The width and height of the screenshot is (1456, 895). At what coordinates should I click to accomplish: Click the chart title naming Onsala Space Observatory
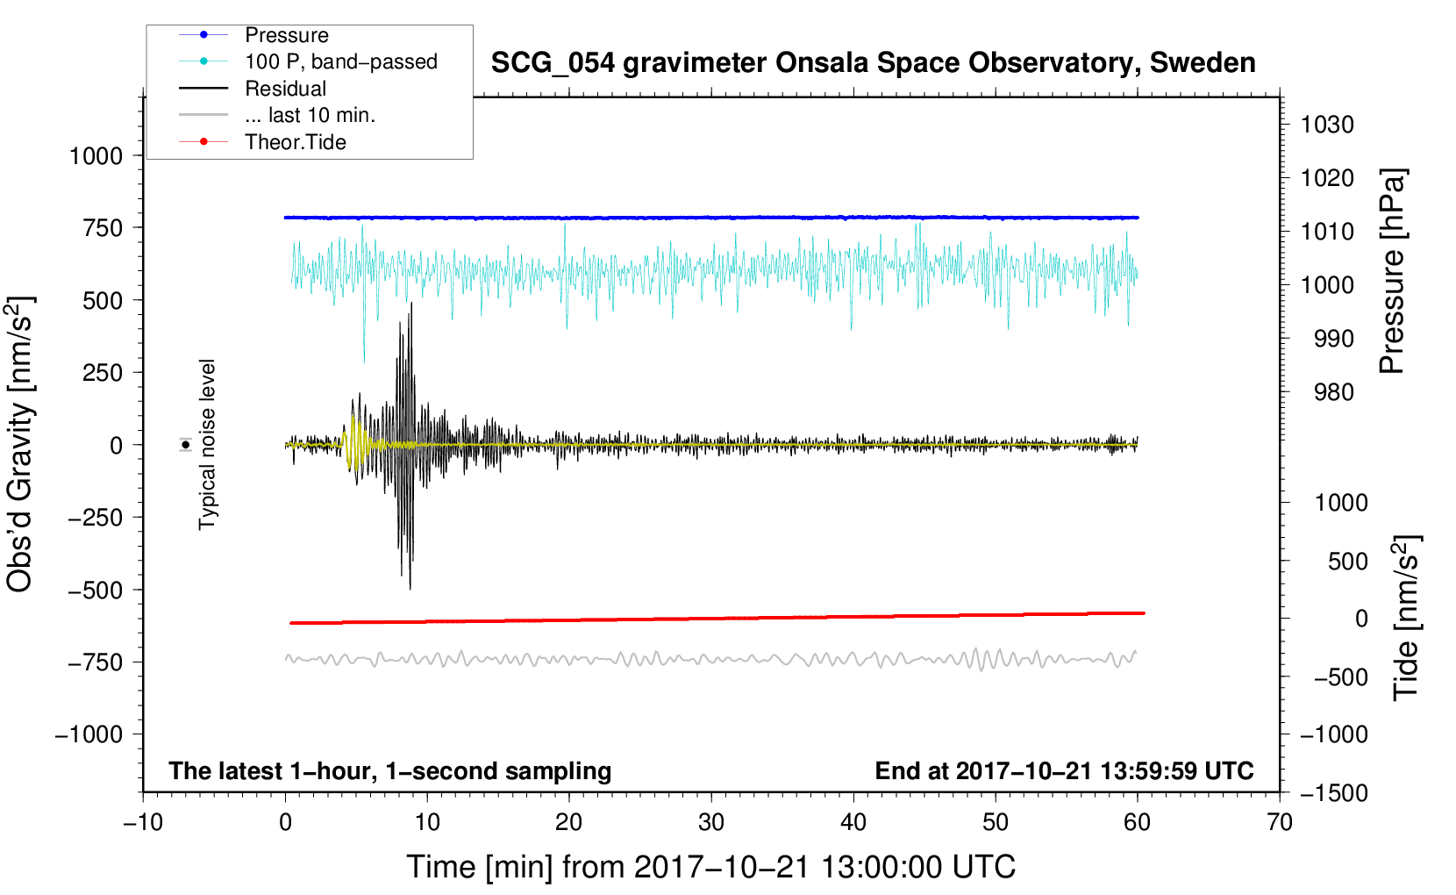pos(873,63)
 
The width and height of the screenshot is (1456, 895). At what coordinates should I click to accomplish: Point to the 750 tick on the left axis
pos(103,228)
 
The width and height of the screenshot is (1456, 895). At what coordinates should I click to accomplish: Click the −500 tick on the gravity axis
pos(95,591)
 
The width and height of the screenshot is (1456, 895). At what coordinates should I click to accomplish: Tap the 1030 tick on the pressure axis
pos(1327,125)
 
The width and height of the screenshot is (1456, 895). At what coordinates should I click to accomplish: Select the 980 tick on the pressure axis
pos(1334,392)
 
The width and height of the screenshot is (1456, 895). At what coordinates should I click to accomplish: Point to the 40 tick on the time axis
pos(853,823)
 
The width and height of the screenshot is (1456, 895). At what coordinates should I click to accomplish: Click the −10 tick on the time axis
pos(143,823)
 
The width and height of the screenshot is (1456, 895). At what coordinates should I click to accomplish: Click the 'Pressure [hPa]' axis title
pos(1392,271)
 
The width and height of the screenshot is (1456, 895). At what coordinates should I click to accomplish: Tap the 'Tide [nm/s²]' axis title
pos(1407,618)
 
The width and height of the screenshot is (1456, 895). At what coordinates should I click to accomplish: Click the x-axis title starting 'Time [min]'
pos(711,868)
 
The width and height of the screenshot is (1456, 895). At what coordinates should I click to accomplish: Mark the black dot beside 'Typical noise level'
pos(186,446)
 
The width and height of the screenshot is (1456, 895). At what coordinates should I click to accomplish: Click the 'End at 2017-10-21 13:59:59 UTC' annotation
pos(1064,770)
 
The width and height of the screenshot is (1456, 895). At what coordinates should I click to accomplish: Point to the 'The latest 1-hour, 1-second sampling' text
pos(390,771)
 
